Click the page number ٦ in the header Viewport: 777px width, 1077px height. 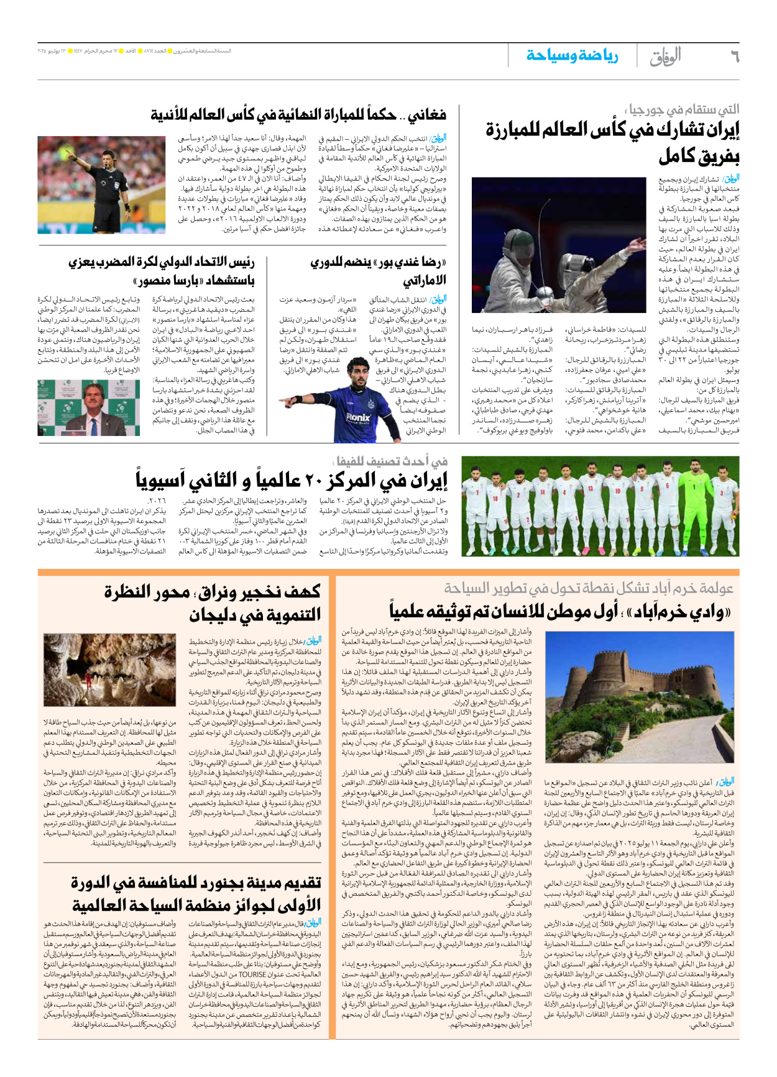(735, 57)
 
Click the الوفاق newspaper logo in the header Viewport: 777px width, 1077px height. (665, 57)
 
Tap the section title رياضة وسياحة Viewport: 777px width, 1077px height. (572, 57)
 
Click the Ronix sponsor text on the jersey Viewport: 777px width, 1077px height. (358, 417)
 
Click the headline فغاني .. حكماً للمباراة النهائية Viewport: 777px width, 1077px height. (298, 115)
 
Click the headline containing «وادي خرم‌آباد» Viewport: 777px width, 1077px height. (559, 612)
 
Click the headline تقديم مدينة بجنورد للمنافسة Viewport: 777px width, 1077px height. (196, 893)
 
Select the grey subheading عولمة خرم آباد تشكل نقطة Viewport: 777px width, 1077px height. (588, 588)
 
